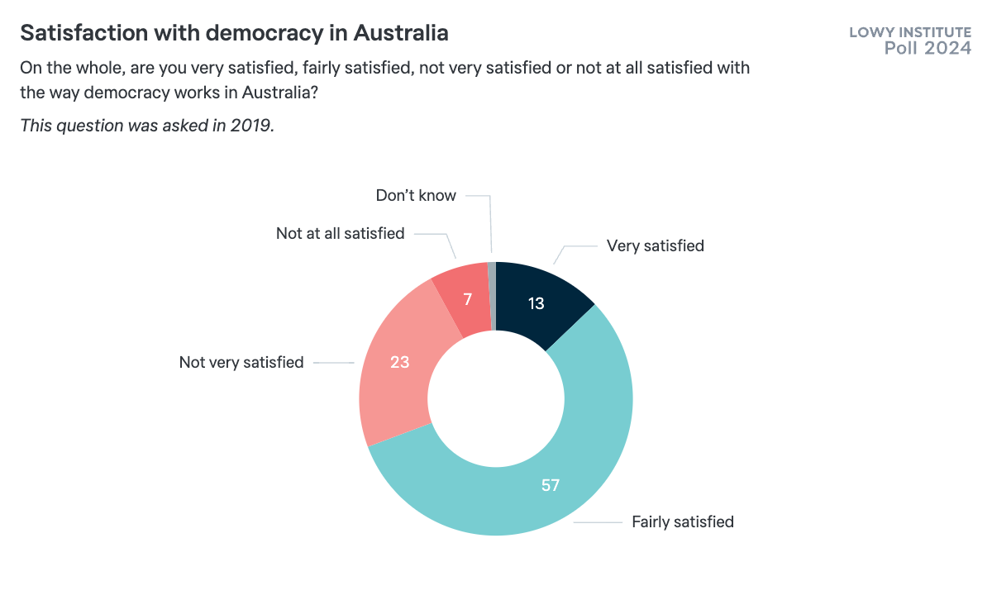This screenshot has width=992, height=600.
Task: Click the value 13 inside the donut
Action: (536, 303)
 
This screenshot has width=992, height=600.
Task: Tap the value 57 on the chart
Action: (551, 485)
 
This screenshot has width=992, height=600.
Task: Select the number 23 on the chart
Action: (400, 362)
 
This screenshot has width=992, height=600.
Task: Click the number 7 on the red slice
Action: (467, 300)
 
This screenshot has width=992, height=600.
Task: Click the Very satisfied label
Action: (655, 245)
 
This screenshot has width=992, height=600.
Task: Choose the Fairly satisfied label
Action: (683, 521)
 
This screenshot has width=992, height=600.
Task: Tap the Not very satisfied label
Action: (241, 362)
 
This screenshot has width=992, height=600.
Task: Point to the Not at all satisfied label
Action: (340, 233)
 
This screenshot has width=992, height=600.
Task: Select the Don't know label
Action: (416, 196)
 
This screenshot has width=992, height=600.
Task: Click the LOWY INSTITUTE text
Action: (910, 33)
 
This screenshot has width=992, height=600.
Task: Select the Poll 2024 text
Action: (928, 48)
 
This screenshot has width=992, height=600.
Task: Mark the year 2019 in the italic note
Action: (253, 126)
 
